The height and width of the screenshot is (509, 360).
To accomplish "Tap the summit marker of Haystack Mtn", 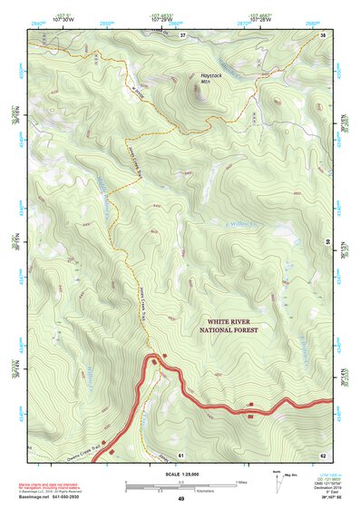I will (x=195, y=88).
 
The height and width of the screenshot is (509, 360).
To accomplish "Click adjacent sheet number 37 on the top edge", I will (x=182, y=34).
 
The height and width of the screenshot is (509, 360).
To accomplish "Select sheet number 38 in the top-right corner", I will (x=323, y=34).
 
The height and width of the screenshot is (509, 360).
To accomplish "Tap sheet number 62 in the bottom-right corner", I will (x=322, y=453).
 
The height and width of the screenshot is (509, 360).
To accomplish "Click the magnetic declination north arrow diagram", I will (x=277, y=479).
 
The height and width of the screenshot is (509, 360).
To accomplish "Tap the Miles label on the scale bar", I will (x=240, y=482).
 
